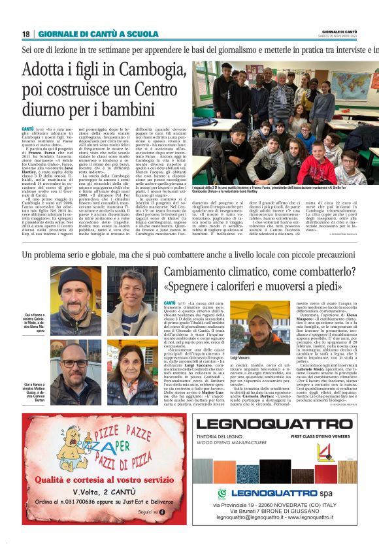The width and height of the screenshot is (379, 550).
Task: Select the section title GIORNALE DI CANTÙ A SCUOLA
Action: (x=98, y=34)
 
